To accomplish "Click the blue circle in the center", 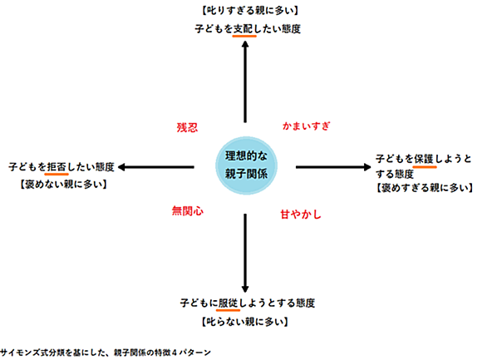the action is click(246, 165).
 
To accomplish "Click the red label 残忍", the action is click(187, 127).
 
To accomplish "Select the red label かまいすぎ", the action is click(306, 126).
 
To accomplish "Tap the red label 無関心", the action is click(188, 211).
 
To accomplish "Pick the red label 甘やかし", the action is click(301, 215).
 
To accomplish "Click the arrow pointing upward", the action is click(245, 81).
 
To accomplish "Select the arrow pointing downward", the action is click(245, 253).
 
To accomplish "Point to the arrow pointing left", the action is click(156, 167).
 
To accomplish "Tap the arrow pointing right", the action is click(333, 167).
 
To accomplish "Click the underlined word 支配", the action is click(244, 29).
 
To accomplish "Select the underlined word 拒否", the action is click(57, 167).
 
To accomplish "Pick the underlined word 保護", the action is click(425, 159).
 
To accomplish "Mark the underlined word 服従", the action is click(229, 303).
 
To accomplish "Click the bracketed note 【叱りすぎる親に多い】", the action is click(250, 11).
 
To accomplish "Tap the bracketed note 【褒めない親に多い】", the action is click(63, 185).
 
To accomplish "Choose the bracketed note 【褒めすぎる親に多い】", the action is click(425, 188).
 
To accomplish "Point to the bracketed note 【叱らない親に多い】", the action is click(245, 322).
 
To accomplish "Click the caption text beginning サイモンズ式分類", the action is click(106, 353).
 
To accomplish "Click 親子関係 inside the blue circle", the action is click(246, 174).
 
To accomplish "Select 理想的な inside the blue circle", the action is click(246, 156).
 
